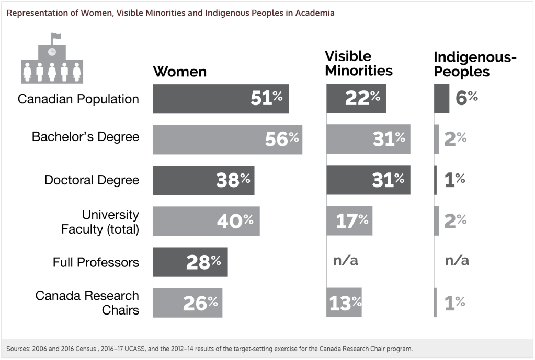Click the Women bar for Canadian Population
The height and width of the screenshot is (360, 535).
(221, 98)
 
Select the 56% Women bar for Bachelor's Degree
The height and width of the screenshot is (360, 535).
(227, 139)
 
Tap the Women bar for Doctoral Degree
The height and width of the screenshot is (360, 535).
(203, 180)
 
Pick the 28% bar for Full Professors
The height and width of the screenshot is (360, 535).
(190, 262)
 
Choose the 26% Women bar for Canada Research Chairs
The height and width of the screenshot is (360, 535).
(187, 303)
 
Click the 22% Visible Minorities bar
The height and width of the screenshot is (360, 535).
(356, 98)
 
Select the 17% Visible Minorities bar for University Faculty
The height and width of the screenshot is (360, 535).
(349, 220)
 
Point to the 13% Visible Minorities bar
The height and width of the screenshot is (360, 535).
(344, 303)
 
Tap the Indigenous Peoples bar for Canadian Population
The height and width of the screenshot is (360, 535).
(441, 98)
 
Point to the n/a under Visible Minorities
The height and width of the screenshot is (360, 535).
(346, 261)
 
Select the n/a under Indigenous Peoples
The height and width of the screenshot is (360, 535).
(457, 261)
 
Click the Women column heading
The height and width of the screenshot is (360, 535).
(179, 72)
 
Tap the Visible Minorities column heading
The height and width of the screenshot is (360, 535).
(358, 63)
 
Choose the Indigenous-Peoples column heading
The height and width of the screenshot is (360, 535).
(475, 64)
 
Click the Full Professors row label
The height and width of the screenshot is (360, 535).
(96, 262)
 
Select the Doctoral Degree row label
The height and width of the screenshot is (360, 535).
(92, 180)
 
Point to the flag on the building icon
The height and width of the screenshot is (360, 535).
(55, 37)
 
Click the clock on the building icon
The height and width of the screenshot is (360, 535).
(51, 52)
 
